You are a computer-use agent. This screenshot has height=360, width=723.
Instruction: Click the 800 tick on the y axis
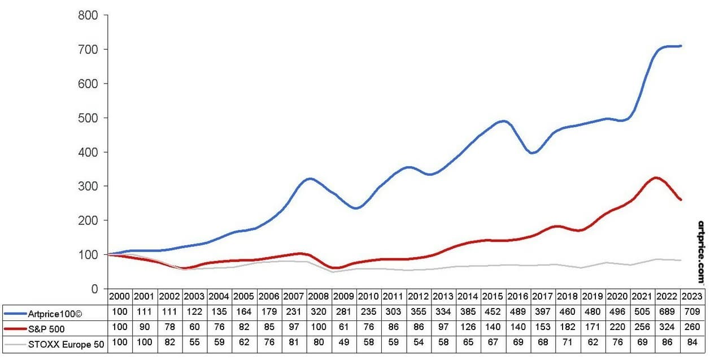click(x=89, y=15)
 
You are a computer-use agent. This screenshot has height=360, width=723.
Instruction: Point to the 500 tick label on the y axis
click(x=89, y=118)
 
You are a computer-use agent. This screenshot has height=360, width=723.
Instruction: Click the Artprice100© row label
click(x=55, y=312)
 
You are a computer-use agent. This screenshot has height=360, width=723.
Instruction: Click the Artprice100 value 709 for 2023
click(x=691, y=312)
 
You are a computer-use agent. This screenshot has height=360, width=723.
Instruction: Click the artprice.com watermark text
click(x=702, y=252)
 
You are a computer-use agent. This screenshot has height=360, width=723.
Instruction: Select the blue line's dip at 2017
click(x=532, y=153)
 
